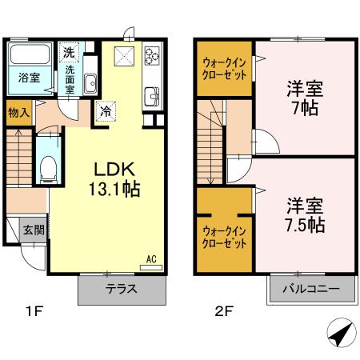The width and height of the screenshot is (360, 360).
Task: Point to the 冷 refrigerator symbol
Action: click(x=105, y=111)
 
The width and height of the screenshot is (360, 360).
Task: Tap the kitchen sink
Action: click(x=151, y=98)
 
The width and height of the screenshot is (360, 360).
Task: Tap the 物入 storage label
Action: click(x=19, y=113)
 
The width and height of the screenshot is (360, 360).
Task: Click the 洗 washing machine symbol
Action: click(x=70, y=53)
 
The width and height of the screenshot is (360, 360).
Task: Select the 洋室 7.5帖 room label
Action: click(x=304, y=214)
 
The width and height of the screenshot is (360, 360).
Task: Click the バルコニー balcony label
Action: click(x=310, y=289)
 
